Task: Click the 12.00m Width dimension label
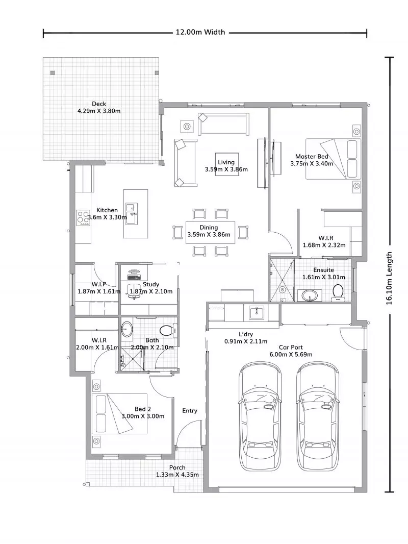tap(200, 32)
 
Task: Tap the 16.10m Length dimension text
tap(389, 278)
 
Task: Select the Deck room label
tap(99, 104)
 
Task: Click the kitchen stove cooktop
tap(83, 218)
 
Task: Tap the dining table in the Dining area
tap(210, 232)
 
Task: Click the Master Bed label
tap(311, 157)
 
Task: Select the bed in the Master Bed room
tap(333, 159)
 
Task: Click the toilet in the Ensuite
tap(338, 292)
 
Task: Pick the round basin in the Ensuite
tap(310, 295)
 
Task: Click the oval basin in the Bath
tap(126, 329)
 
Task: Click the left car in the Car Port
tap(261, 416)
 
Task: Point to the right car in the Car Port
tap(319, 416)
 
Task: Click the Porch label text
tap(177, 467)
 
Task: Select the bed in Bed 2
tap(119, 413)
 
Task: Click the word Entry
tap(190, 411)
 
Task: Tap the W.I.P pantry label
tap(99, 284)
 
